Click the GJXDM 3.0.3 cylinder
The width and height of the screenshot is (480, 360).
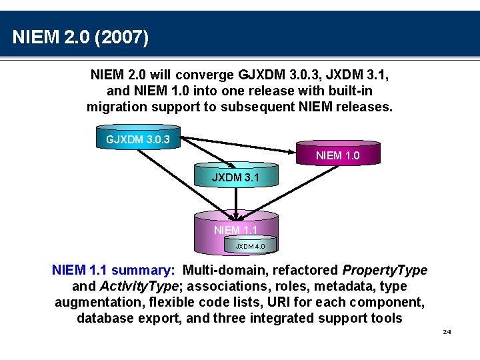coord(138,137)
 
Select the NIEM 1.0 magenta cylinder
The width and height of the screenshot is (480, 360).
coord(338,153)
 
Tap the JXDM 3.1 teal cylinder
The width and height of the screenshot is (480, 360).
coord(236,175)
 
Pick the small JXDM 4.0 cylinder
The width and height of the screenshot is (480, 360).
coord(250,245)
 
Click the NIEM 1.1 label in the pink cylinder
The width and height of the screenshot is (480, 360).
coord(235,230)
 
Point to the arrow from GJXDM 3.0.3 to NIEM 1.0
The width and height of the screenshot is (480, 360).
coord(238,145)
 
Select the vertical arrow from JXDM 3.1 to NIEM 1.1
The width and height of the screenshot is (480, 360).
coord(236,203)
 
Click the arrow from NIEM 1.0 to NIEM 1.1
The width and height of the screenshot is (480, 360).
coord(288,193)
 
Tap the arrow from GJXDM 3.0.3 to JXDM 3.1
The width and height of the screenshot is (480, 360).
coord(208,153)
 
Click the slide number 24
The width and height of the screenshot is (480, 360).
coord(447,332)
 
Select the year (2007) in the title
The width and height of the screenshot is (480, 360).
coord(121,37)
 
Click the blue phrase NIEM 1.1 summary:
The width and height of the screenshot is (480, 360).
coord(113,270)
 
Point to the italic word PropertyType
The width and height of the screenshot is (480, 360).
coord(385,270)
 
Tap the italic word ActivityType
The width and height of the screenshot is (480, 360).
coord(139,286)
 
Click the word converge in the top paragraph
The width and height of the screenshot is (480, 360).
coord(205,75)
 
